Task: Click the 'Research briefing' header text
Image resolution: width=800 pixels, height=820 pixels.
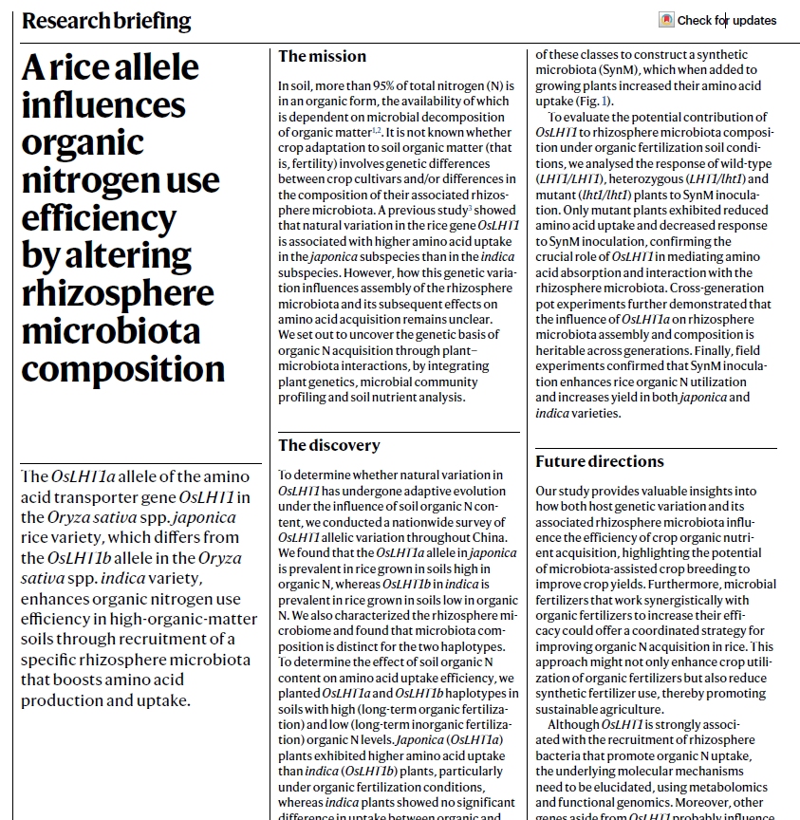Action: (105, 21)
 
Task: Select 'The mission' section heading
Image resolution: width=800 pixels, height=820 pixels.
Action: (318, 57)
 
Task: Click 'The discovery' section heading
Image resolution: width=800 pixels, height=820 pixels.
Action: (328, 445)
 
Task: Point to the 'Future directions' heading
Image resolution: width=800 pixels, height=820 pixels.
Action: (599, 461)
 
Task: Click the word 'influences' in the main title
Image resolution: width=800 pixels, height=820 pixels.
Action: (110, 104)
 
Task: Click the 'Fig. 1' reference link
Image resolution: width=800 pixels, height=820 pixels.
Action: (594, 101)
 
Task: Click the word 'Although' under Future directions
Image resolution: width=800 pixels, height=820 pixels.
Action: (572, 724)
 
